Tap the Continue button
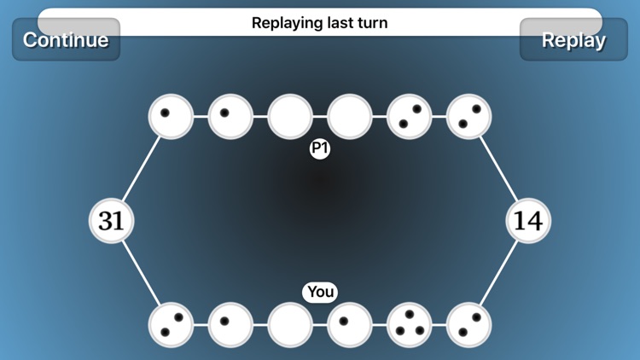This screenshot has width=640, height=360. tap(66, 39)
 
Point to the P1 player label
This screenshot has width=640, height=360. tap(320, 149)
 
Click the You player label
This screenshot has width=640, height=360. tap(320, 292)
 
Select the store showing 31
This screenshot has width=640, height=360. tap(112, 221)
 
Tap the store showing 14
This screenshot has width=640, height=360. tap(528, 221)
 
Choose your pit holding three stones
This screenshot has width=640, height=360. tap(410, 325)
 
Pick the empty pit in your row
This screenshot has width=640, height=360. tap(290, 325)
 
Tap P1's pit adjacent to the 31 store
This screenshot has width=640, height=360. tap(171, 117)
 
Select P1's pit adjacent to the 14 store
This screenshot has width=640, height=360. tap(469, 117)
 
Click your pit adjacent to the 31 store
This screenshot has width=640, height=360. tap(171, 325)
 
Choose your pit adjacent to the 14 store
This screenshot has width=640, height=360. tap(469, 325)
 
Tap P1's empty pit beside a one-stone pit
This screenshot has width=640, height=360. tap(290, 117)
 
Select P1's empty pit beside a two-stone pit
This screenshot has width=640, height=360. tap(350, 117)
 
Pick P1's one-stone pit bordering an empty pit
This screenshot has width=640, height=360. tap(230, 117)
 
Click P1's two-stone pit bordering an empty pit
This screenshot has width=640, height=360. tap(410, 117)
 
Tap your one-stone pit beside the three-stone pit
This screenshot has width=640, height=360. tap(350, 325)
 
